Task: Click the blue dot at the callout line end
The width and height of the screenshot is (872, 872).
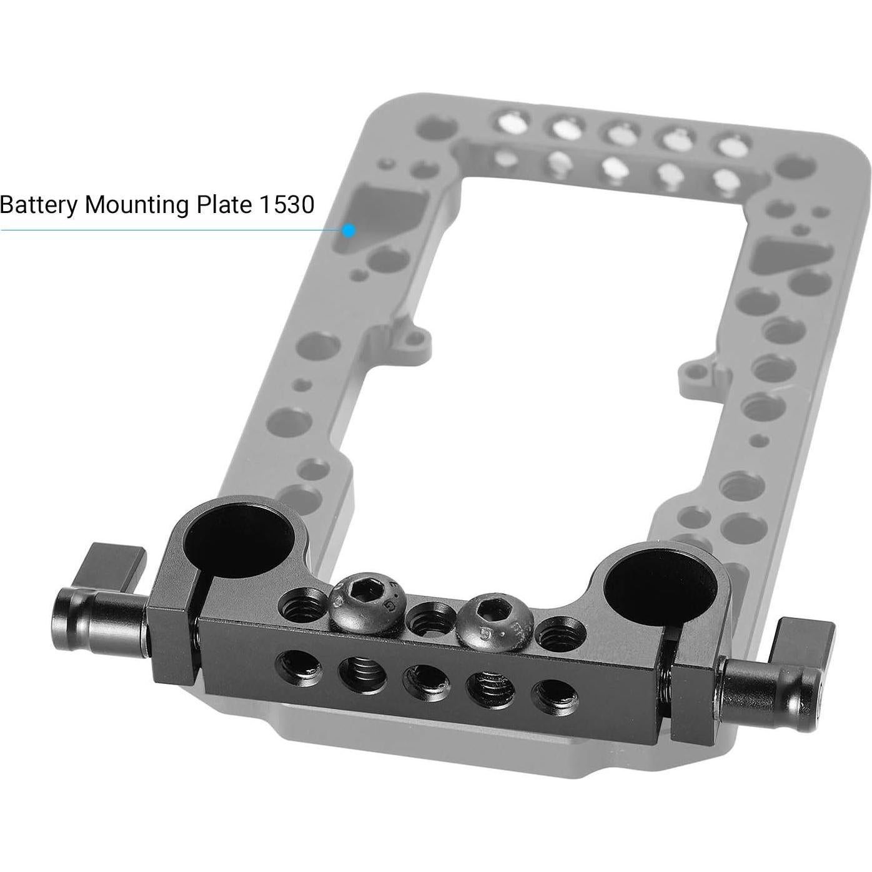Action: [x=349, y=230]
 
